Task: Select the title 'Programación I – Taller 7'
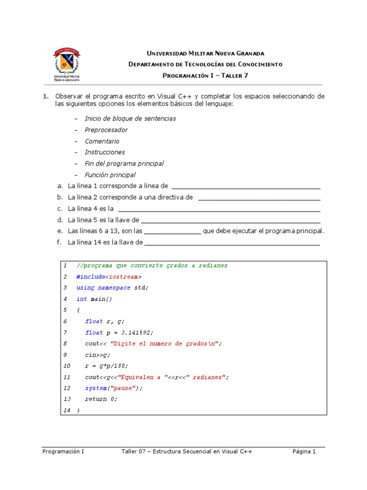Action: tap(205, 75)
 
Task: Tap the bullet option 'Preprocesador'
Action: tap(106, 130)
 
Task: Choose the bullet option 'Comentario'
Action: tap(102, 141)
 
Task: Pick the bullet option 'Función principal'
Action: tap(110, 175)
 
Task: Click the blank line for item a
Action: tap(245, 187)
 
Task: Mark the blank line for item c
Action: tap(219, 209)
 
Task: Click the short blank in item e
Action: tap(173, 232)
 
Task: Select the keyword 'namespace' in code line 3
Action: tap(112, 288)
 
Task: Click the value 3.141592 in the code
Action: tap(136, 333)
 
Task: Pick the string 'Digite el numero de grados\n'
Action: tap(165, 344)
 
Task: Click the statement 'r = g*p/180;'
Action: tap(107, 366)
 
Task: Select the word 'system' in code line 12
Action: tap(96, 388)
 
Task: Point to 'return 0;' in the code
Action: tap(101, 399)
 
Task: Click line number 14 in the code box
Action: tap(66, 411)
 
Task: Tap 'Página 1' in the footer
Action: tap(304, 451)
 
